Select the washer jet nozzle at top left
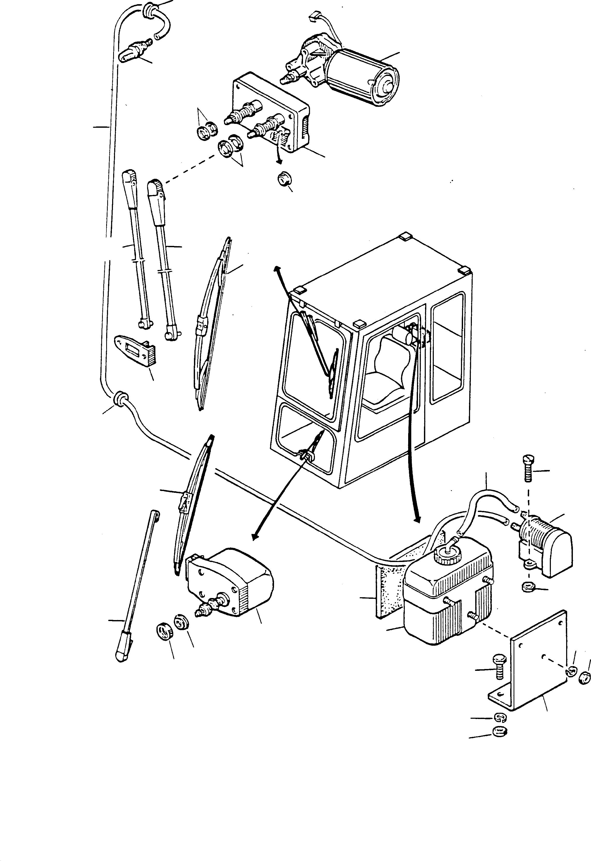[x=135, y=52]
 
